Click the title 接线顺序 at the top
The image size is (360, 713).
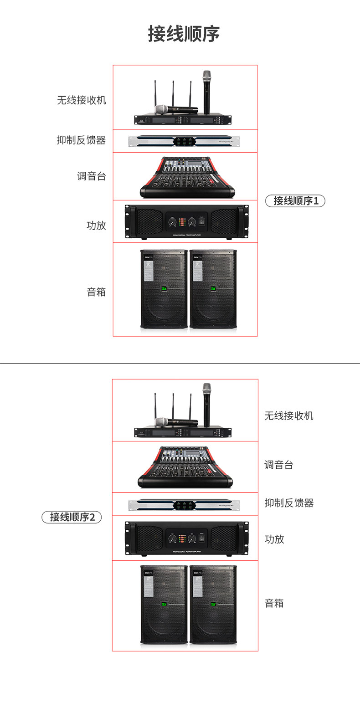pos(184,34)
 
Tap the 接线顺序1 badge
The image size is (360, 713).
pos(295,200)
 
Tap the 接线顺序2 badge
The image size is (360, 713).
pos(72,517)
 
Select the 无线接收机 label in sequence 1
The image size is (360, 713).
pos(81,100)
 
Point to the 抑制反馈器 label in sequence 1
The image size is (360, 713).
pos(81,140)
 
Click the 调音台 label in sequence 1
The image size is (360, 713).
pos(91,176)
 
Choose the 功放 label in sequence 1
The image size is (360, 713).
pos(96,225)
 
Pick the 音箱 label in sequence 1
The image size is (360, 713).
pos(96,292)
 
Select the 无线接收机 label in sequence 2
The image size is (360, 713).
pos(289,415)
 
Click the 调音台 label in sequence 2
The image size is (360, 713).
pos(279,465)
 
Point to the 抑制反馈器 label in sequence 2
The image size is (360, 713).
pos(289,503)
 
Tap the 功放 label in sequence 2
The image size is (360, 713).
pos(274,539)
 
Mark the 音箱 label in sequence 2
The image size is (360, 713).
pos(274,604)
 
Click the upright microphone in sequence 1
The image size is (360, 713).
pos(207,91)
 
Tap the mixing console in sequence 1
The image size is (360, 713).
pos(187,178)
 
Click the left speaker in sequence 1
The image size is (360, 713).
pos(164,289)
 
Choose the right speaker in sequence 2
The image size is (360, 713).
pos(213,605)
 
